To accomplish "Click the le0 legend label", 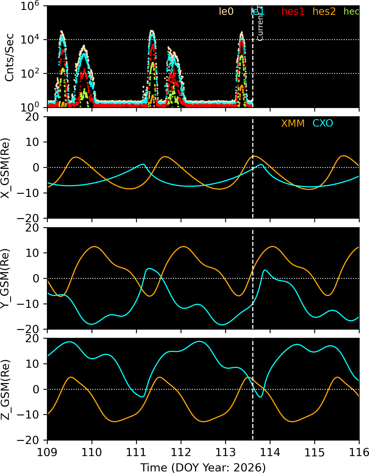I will pos(226,12).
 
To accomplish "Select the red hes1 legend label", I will pos(293,12).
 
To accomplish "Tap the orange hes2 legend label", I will pos(324,12).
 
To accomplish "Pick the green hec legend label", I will pos(351,12).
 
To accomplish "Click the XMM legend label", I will pos(293,123).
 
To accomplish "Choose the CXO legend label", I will pos(323,123).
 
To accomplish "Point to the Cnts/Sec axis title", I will pos(10,57).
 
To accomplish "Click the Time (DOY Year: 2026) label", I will pos(203,467).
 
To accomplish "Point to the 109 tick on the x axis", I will pos(48,452).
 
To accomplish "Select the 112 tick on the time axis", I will pos(181,452).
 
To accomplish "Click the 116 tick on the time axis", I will pos(359,452).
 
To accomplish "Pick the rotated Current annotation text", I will pos(260,23).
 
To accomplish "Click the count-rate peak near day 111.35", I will pos(152,31).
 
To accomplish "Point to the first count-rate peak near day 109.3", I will pos(61,32).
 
